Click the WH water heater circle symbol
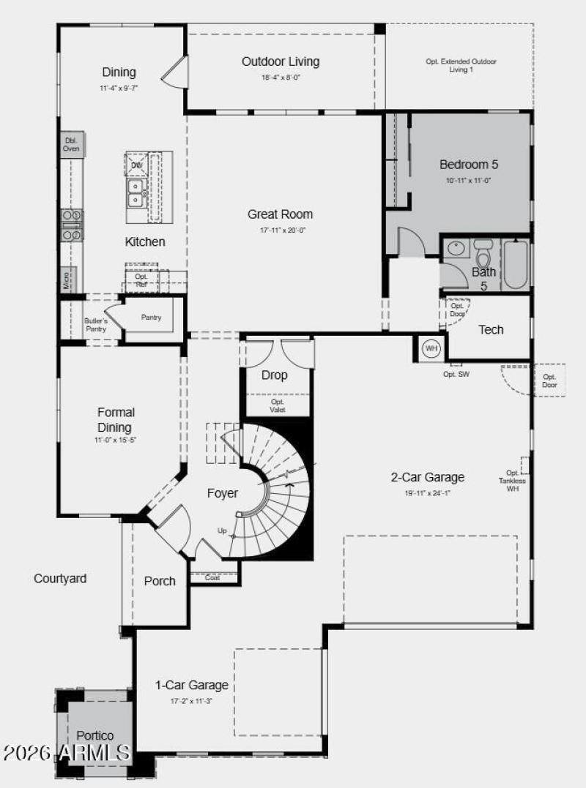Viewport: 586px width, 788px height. tap(431, 348)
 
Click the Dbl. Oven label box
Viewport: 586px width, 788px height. tap(71, 144)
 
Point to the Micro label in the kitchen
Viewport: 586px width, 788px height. tap(66, 278)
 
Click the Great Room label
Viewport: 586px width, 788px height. tap(280, 214)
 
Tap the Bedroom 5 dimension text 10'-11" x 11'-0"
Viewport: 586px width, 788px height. tap(469, 180)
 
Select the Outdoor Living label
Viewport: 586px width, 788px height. tap(281, 61)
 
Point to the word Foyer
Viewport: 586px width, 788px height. tap(222, 494)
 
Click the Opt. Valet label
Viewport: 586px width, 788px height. tap(278, 406)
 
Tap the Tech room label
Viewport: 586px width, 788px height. tap(491, 330)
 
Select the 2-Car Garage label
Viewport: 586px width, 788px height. tap(428, 478)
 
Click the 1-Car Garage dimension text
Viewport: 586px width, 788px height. tap(191, 700)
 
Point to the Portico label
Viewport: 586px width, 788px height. tap(95, 735)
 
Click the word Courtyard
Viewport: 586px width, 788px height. tap(60, 579)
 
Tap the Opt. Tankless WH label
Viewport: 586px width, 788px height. tap(512, 481)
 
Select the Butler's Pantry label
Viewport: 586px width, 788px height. tap(95, 325)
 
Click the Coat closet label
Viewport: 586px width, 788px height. tap(212, 577)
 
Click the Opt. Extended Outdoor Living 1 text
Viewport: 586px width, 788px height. tap(461, 66)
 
